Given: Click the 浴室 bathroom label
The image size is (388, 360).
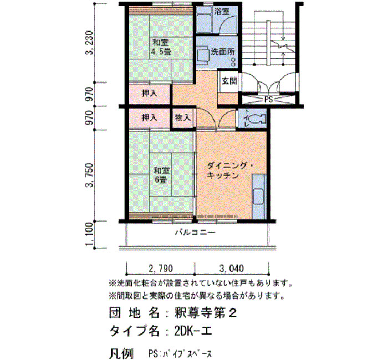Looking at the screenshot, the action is [222, 12].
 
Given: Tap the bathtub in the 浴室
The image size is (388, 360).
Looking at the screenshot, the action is [204, 19].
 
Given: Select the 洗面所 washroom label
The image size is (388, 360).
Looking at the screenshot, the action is [222, 52].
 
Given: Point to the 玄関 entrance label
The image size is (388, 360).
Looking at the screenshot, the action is [229, 81].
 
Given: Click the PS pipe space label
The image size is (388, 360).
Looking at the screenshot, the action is [268, 99].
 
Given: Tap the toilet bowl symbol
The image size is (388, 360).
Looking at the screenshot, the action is [257, 119].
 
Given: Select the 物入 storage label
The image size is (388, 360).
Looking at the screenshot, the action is [183, 117].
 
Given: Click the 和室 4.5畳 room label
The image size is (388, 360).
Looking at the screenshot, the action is [161, 47].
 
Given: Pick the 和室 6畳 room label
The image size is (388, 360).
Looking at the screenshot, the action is [161, 175].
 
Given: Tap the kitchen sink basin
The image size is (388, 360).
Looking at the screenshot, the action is [259, 197].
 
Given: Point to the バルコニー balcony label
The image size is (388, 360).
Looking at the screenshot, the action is [195, 233].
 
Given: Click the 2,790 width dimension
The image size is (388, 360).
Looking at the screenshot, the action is [161, 269].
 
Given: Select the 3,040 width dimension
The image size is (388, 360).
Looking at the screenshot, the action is [232, 269].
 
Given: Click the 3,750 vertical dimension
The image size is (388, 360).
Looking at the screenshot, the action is [89, 175].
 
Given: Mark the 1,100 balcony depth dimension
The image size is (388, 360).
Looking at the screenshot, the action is [89, 235].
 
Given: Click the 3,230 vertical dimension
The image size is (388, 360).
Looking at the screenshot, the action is [89, 43].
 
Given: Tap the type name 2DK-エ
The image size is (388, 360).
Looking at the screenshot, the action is [193, 331].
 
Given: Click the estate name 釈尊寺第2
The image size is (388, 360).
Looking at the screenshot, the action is [206, 313].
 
